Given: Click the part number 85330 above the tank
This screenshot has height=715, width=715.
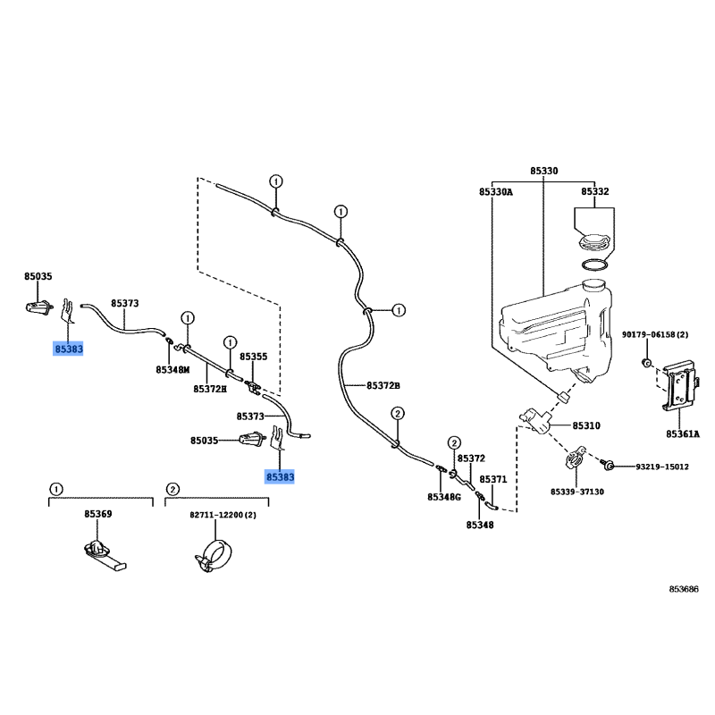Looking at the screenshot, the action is [543, 171].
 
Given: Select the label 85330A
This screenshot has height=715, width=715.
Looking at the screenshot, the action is [496, 192].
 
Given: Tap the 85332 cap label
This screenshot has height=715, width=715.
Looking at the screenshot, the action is [594, 191].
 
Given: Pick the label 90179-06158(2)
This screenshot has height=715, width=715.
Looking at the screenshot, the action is [655, 334].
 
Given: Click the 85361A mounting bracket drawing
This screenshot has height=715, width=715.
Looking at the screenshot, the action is [679, 386].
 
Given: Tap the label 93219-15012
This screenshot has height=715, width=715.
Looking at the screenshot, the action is [662, 467].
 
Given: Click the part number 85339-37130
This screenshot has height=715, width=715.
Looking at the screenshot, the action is [576, 492].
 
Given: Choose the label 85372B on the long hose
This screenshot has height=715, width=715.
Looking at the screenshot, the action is [383, 386].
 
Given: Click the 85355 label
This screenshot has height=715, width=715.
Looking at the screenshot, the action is [254, 357].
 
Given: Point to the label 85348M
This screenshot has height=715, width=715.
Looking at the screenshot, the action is [172, 370].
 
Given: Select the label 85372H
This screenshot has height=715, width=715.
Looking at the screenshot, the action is [210, 389].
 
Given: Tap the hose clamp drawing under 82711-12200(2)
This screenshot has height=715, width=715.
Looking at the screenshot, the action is [213, 556].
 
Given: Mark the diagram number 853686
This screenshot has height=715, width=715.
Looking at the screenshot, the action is [684, 589].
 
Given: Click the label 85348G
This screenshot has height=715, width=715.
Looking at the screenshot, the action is [444, 497].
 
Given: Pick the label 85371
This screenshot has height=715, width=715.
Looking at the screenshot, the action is [493, 480].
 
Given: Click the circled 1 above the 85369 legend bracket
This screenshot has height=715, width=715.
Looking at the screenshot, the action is [55, 490].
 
